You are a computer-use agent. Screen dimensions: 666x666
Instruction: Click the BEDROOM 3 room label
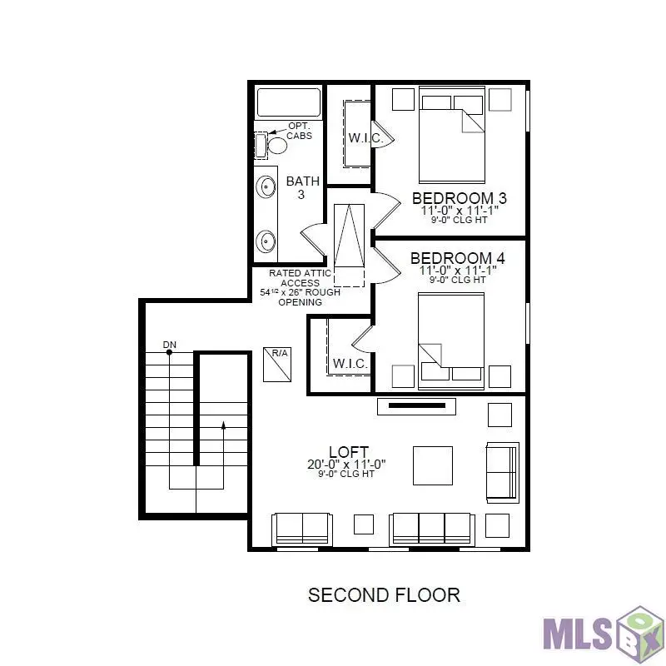click(459, 198)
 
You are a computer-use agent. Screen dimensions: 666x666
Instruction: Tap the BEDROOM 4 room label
click(457, 258)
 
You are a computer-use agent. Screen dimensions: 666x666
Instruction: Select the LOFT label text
click(348, 452)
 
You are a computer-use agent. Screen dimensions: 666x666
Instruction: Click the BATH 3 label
click(302, 187)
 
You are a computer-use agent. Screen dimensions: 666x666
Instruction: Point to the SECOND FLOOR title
click(384, 595)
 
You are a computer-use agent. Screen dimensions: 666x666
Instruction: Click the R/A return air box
click(277, 364)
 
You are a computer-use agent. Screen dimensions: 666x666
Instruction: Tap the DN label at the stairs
click(170, 345)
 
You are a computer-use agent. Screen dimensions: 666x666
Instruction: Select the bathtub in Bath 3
click(288, 102)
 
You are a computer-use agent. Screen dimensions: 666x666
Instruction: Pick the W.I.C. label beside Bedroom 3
click(365, 138)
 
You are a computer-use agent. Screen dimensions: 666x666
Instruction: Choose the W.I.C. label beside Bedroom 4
click(350, 364)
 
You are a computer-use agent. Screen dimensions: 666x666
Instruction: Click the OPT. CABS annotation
click(300, 131)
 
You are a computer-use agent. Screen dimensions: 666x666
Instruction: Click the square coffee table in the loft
click(433, 465)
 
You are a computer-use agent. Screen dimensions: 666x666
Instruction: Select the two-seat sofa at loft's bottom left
click(301, 529)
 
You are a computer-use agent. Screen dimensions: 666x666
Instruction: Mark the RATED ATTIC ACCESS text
click(301, 278)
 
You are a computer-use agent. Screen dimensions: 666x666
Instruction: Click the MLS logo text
click(578, 632)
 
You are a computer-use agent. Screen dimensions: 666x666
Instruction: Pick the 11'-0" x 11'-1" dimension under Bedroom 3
click(459, 211)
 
